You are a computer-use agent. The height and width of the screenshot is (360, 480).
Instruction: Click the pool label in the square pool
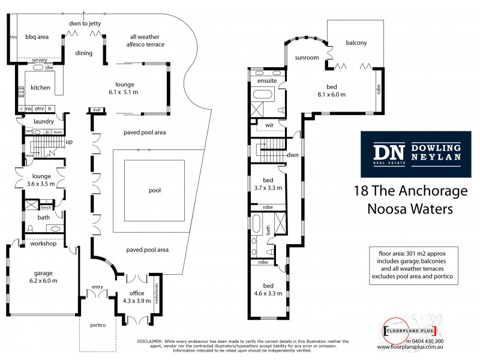click(x=155, y=190)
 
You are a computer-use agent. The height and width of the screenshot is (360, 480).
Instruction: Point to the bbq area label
click(x=37, y=37)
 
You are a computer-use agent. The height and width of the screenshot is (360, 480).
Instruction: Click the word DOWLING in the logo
click(x=435, y=146)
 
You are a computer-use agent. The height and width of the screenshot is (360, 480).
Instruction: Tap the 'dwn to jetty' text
click(x=83, y=24)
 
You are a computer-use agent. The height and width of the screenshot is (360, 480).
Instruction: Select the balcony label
click(x=356, y=43)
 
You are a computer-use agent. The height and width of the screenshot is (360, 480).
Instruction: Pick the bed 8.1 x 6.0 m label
click(x=339, y=90)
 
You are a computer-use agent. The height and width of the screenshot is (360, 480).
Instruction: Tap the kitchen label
click(x=40, y=88)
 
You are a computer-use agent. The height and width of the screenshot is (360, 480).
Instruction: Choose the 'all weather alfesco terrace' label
click(x=142, y=41)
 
